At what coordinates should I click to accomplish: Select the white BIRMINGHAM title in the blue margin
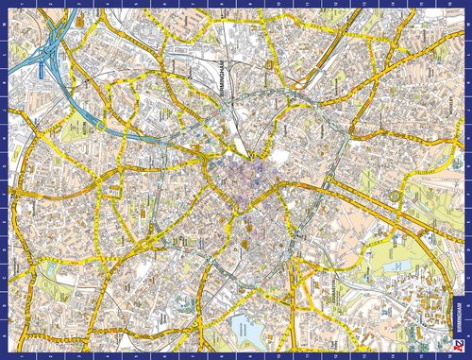point(459,317)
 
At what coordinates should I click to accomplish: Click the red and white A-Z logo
point(459,346)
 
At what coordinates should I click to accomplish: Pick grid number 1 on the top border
point(28,5)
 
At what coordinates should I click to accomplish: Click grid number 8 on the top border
point(222,5)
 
